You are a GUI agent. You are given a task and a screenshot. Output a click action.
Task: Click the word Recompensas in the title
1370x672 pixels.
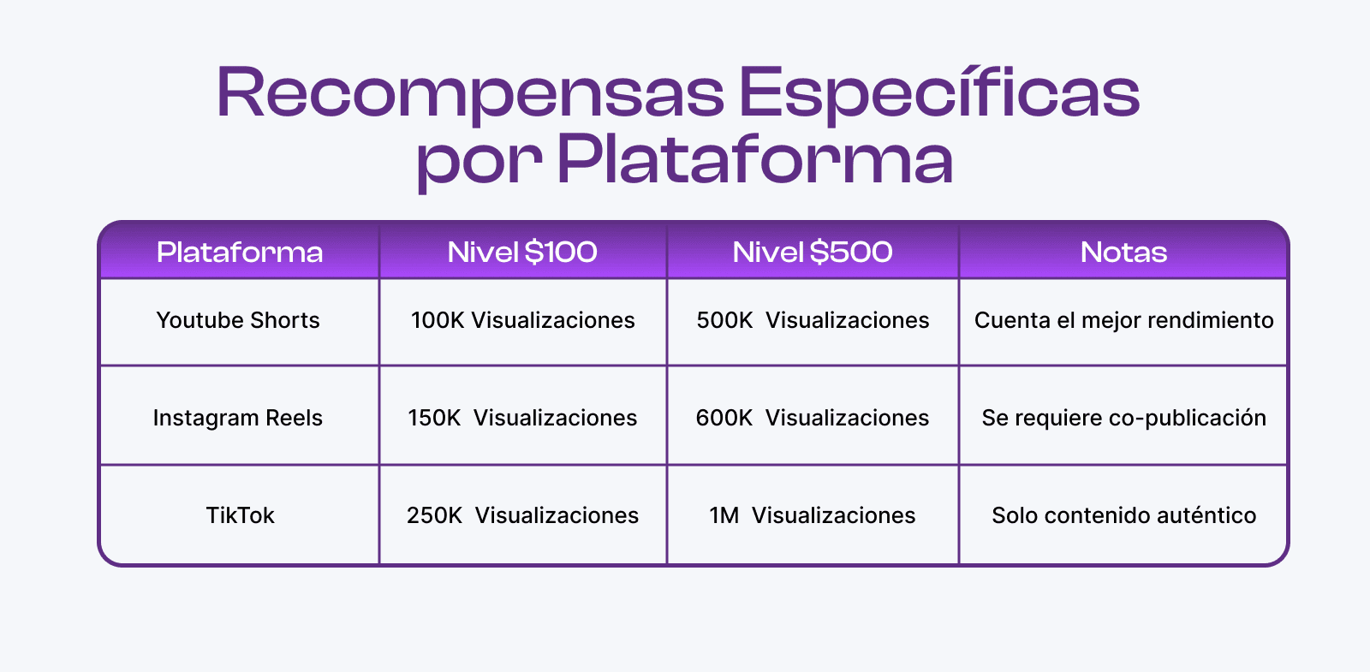coord(470,93)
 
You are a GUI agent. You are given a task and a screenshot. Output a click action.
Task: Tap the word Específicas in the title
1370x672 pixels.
coord(939,93)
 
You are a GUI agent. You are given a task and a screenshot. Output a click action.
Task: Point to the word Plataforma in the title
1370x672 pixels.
coord(755,160)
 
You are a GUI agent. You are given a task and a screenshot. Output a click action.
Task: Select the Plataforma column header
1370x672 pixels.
coord(239,252)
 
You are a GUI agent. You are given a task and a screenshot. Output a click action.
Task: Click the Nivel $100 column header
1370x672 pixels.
coord(522,252)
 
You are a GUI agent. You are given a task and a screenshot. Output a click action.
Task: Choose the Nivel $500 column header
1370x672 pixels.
coord(813,252)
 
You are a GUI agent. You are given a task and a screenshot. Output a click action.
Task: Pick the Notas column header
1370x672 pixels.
coord(1123,252)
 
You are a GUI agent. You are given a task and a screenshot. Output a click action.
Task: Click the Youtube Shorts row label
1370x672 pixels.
coord(238,320)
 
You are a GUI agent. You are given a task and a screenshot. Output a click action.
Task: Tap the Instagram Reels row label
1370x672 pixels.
coord(237,418)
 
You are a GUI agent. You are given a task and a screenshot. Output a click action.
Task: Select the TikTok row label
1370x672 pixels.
coord(240,514)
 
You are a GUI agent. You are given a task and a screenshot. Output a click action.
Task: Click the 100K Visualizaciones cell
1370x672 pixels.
coord(523,320)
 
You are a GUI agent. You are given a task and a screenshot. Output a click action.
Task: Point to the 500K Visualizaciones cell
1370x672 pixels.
coord(813,320)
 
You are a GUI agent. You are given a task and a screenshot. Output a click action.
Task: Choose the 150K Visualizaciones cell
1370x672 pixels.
coord(522,418)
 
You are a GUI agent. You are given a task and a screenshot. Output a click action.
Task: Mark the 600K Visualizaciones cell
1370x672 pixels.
coord(813,418)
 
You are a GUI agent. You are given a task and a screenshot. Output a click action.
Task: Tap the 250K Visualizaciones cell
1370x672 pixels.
coord(522,514)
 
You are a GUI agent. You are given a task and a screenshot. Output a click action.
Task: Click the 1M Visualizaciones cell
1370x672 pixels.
coord(813,514)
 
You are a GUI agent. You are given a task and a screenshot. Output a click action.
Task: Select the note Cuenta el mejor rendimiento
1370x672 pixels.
coord(1123,320)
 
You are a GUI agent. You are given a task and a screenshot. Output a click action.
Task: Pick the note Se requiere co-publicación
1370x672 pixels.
coord(1123,418)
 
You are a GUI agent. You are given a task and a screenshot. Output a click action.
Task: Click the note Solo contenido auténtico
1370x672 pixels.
coord(1123,514)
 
